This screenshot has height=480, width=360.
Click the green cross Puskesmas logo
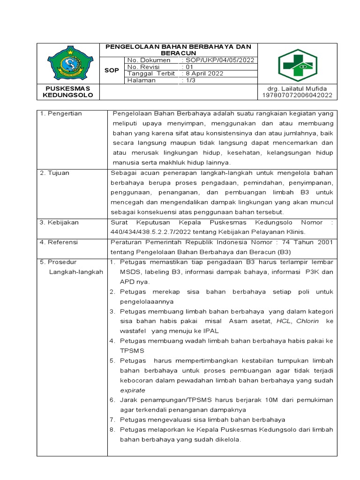coord(297,65)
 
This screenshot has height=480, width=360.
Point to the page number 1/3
coord(190,81)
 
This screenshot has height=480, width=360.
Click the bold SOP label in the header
coord(112,70)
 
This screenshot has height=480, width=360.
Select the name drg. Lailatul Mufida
coord(298,89)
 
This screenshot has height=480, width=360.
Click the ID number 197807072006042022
coord(297,95)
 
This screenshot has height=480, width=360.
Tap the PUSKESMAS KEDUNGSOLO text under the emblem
coord(68,92)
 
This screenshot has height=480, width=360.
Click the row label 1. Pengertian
coord(61,113)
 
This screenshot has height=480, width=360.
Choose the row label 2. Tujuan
coord(55,173)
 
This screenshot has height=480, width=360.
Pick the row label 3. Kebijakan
coord(59,222)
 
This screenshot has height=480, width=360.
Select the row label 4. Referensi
coord(59,242)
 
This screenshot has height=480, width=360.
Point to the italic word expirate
coord(133,390)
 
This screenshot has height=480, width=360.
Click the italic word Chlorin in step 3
coord(307,321)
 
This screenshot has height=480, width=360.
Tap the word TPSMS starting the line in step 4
coord(132,350)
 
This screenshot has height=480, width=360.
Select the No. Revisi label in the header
coord(144,67)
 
